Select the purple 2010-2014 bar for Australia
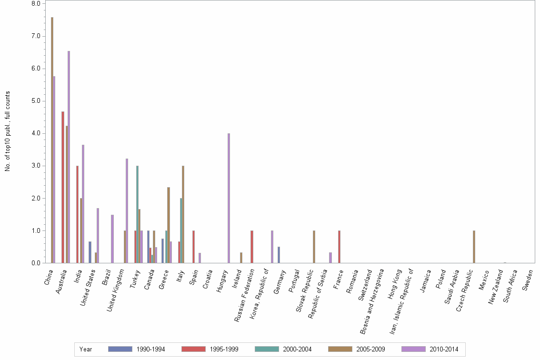(x=69, y=157)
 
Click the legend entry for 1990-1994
(x=136, y=349)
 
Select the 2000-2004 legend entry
(x=283, y=349)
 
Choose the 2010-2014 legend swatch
(x=413, y=349)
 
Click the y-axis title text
(x=8, y=131)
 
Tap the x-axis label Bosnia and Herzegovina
(x=372, y=295)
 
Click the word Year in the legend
(x=86, y=349)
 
